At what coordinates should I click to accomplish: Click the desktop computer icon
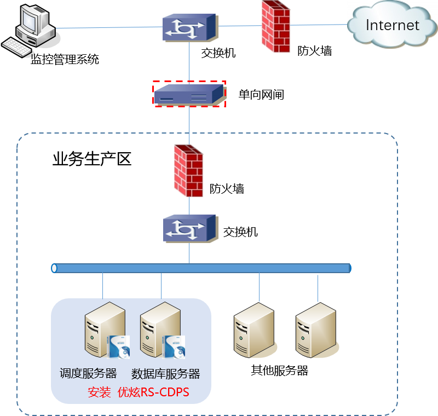33,25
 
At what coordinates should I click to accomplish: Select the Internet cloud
392,25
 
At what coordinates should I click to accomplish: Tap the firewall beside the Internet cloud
275,26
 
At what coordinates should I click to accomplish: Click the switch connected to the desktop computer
190,27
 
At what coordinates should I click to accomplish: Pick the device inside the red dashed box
189,94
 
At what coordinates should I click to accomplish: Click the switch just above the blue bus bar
190,228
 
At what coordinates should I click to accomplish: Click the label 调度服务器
88,374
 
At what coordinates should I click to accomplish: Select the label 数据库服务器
166,374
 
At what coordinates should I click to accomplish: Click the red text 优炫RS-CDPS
153,392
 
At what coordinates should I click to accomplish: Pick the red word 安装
99,392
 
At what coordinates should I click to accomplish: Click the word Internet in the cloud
392,25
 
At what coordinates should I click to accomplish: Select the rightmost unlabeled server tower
316,331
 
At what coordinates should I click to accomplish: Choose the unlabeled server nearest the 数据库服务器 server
254,331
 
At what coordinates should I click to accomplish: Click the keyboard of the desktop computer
18,47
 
